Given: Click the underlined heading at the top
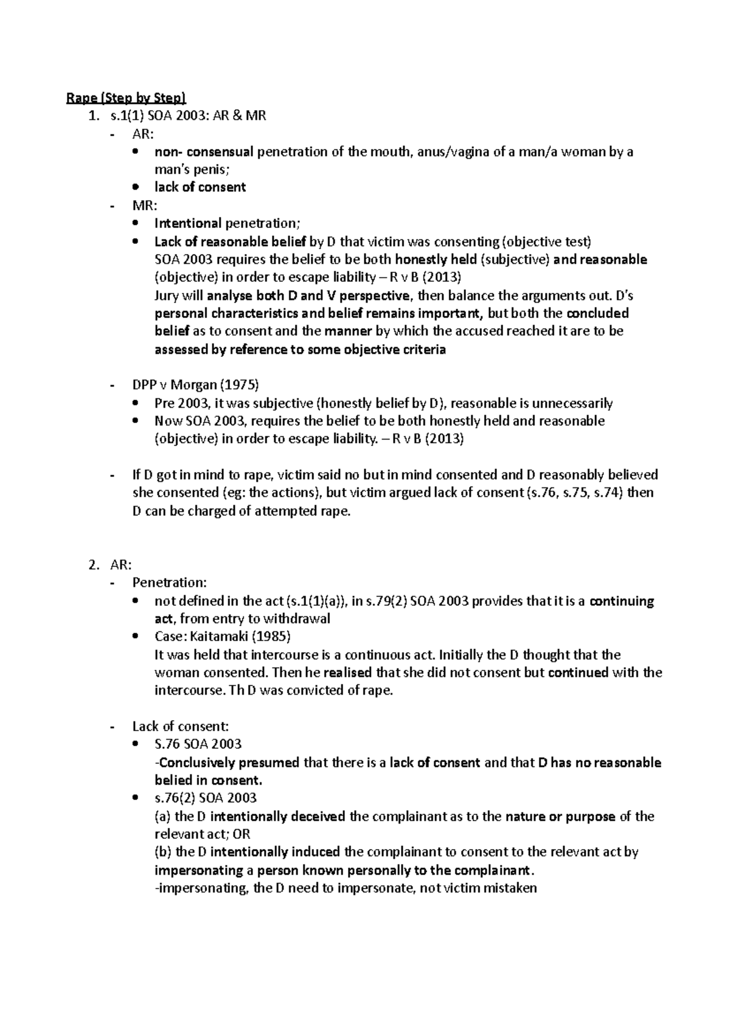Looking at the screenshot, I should [x=126, y=98].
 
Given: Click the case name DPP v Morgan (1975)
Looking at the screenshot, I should [x=195, y=385].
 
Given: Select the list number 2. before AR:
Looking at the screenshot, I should [x=93, y=565].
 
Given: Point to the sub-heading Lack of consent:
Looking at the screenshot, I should [x=180, y=726].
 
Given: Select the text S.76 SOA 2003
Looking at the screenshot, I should [x=198, y=745].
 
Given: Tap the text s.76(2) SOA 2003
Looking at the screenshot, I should [x=205, y=798].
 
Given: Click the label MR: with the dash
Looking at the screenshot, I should [x=141, y=206].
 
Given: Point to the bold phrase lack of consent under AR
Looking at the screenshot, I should [x=200, y=187].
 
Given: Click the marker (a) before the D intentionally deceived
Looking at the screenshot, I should [x=163, y=816].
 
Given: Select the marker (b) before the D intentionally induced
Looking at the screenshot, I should [x=164, y=852].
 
